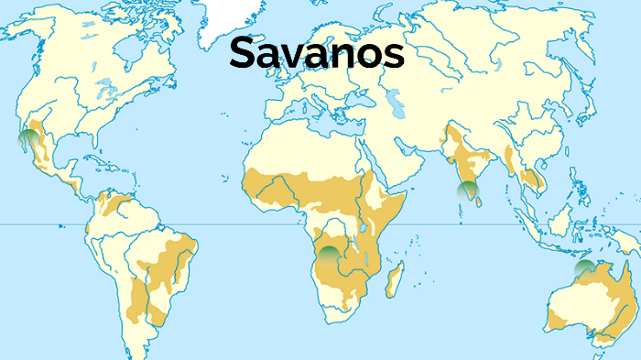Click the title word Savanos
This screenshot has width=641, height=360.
coord(316,53)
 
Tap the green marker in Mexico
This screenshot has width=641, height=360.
coord(29,139)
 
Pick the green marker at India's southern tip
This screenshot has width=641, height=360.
coord(468,191)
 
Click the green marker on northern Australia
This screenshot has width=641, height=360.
coord(583,269)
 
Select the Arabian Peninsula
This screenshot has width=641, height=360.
coord(394,160)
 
